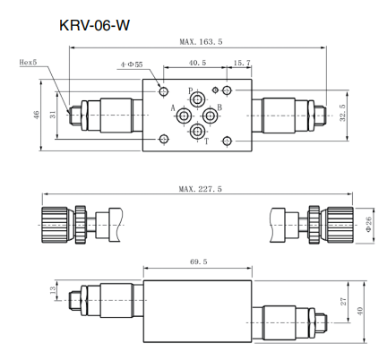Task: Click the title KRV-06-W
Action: [x=94, y=25]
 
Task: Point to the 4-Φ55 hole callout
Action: [x=132, y=65]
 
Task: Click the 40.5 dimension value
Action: [x=198, y=64]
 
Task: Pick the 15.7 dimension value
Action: [x=241, y=64]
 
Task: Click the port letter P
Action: [x=190, y=91]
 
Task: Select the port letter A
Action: [x=173, y=108]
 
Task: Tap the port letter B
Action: [x=219, y=109]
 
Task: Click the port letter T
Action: [x=207, y=141]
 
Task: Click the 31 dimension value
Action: [x=52, y=114]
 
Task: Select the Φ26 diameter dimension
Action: [x=368, y=224]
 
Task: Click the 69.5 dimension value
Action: [x=198, y=261]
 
